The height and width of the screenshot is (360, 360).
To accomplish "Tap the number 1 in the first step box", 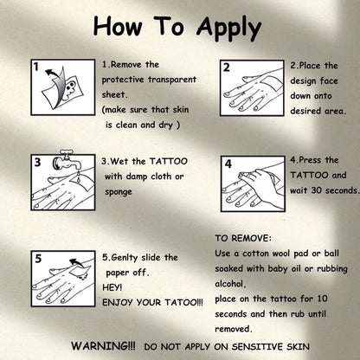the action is pos(35,67).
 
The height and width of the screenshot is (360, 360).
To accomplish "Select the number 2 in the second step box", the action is pos(227,67).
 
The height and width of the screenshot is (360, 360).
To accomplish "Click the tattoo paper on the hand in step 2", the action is pos(270,82).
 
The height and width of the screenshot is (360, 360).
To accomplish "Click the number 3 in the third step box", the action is pos(37,162).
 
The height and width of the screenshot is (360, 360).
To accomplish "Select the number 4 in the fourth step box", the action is pos(228,164).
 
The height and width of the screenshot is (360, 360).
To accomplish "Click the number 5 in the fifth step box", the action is pos(38,259).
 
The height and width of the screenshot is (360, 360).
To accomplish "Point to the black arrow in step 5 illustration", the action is pos(76,262).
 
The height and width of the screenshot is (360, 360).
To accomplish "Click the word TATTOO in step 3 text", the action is pos(169,161).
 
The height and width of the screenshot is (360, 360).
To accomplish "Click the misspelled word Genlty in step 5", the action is pos(124,258).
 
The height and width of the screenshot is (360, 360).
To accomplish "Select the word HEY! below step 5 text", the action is pos(112,287).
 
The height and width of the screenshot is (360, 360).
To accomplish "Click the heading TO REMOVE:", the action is pos(243,238).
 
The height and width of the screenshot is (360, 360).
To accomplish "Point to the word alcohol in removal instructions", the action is pos(230,284).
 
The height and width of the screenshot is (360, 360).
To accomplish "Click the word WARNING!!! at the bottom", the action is pos(103,346).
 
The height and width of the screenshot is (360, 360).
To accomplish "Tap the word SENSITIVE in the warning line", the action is pos(258,346).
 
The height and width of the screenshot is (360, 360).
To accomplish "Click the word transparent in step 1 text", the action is pos(172,80).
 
